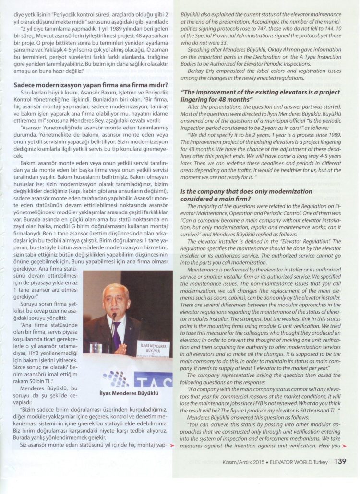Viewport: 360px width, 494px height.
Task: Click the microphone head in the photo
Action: click(114, 316)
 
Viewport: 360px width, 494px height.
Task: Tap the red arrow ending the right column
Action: click(344, 445)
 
